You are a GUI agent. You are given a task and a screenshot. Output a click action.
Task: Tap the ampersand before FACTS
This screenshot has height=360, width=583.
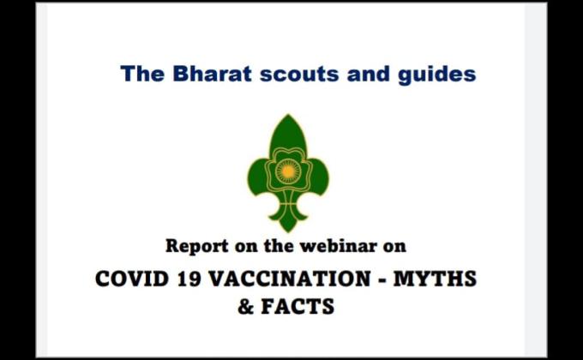coord(247,307)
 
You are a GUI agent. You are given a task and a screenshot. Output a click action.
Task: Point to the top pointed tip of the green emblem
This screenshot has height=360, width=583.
coord(287,117)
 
